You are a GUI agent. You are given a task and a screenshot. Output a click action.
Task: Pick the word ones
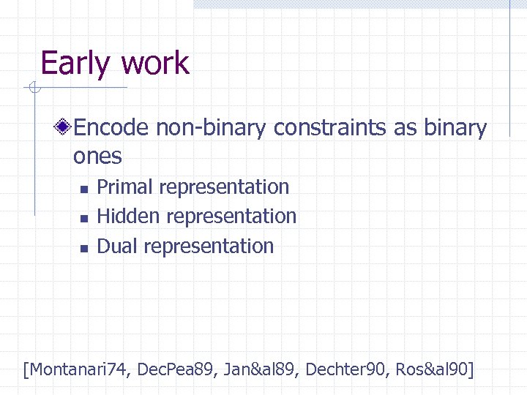97,156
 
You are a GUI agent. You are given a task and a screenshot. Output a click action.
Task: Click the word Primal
125,187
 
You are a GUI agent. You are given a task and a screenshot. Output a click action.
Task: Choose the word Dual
118,247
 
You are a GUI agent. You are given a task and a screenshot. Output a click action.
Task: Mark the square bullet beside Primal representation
83,189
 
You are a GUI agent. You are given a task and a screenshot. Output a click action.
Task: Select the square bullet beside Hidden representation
83,218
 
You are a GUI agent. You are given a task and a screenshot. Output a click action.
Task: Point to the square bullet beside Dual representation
83,248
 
